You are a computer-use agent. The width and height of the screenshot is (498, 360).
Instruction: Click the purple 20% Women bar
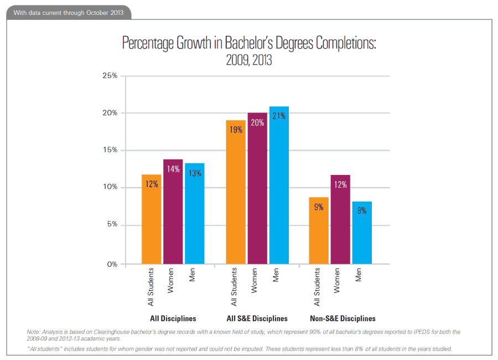tap(257, 188)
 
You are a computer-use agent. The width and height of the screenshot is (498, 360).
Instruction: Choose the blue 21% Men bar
tap(279, 185)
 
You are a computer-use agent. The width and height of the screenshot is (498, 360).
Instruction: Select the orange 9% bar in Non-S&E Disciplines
tap(319, 230)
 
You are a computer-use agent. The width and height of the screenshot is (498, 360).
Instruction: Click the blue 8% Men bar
tap(362, 233)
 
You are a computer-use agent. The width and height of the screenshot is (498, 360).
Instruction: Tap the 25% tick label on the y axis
tap(110, 75)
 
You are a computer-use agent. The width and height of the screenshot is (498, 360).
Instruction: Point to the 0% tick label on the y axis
tap(112, 264)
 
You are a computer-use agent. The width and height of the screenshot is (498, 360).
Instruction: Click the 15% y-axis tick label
tap(110, 150)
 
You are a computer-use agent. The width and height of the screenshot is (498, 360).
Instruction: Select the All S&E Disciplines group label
tap(257, 318)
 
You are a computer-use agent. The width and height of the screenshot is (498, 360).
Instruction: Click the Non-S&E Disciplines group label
tap(343, 318)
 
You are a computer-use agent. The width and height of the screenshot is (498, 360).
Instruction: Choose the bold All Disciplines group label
tap(173, 318)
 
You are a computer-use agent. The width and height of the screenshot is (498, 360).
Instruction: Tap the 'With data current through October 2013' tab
tap(69, 12)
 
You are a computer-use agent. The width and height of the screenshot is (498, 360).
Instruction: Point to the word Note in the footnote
tap(34, 332)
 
